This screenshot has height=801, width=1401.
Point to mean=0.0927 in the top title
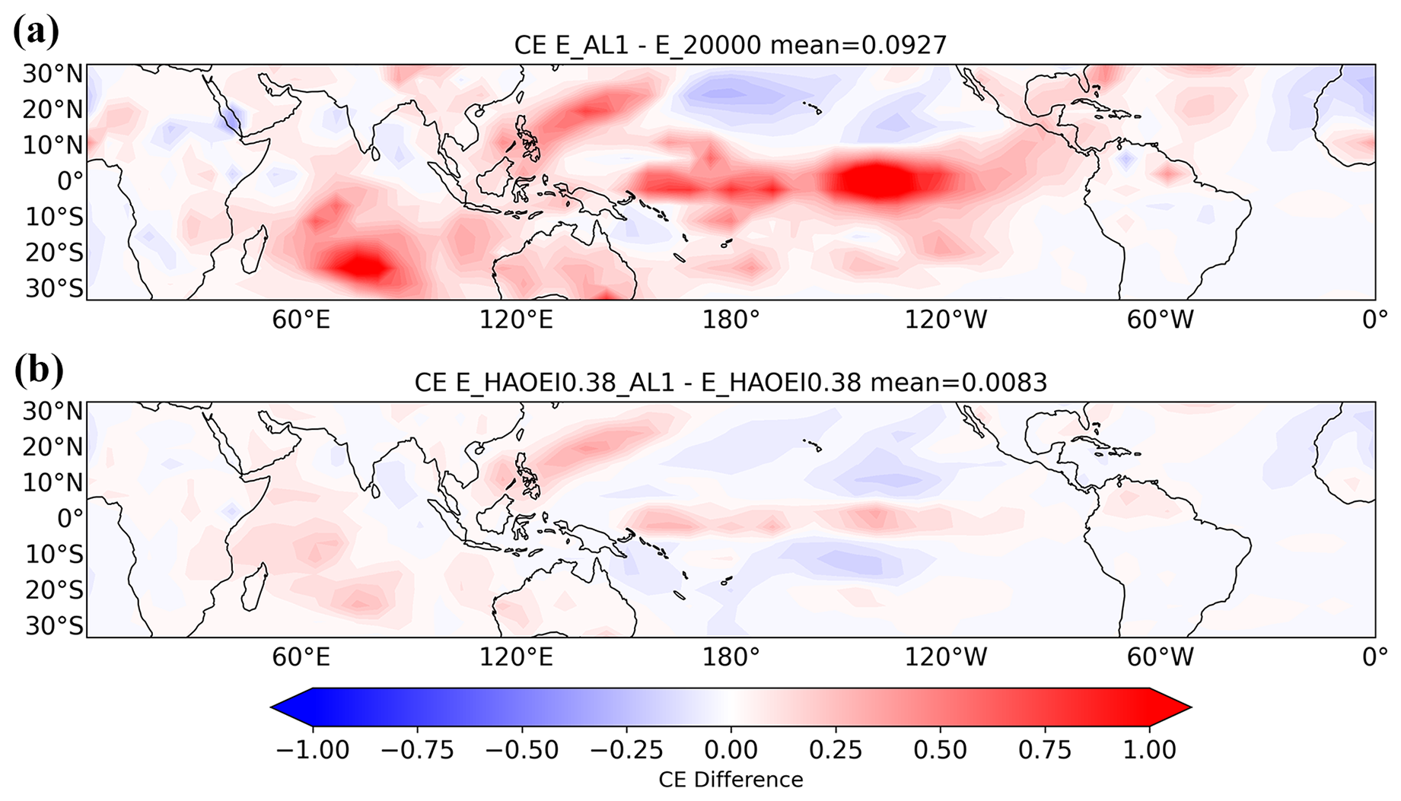[858, 46]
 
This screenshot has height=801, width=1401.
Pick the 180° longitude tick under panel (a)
[731, 319]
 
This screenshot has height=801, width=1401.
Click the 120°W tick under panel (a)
[945, 319]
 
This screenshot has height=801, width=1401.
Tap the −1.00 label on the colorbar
[312, 750]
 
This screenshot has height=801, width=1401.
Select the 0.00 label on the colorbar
[731, 750]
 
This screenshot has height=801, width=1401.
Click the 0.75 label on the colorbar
[1044, 750]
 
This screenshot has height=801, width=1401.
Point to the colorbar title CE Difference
[731, 780]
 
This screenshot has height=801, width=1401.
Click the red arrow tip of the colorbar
[1190, 707]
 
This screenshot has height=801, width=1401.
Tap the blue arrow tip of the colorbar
[272, 707]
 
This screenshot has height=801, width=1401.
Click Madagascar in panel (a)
[253, 249]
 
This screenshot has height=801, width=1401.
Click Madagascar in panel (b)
[253, 586]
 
